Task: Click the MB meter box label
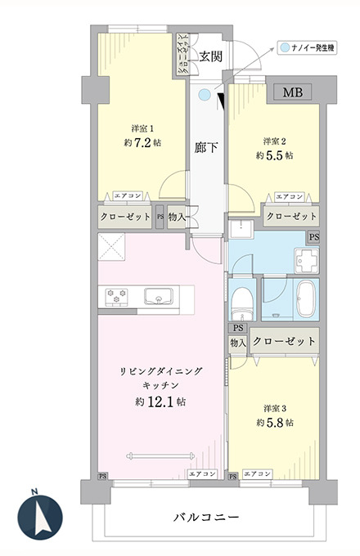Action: [293, 92]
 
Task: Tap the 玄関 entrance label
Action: [210, 56]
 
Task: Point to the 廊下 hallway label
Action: [205, 147]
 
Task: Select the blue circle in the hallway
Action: [205, 94]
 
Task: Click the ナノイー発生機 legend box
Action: [307, 48]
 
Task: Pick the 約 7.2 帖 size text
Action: [142, 142]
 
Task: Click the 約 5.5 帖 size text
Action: [275, 155]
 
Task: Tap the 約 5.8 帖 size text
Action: [275, 423]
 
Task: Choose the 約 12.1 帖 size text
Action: [160, 402]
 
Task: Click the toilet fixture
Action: [242, 304]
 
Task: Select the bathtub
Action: [306, 299]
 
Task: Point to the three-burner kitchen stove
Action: [117, 297]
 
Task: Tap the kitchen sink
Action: [159, 297]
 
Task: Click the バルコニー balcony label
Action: [206, 518]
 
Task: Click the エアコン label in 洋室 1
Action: [128, 195]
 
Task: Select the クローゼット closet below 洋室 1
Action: [125, 217]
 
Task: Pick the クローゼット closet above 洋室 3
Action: [285, 341]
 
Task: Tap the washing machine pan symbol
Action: [307, 262]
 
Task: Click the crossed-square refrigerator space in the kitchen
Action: [111, 247]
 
